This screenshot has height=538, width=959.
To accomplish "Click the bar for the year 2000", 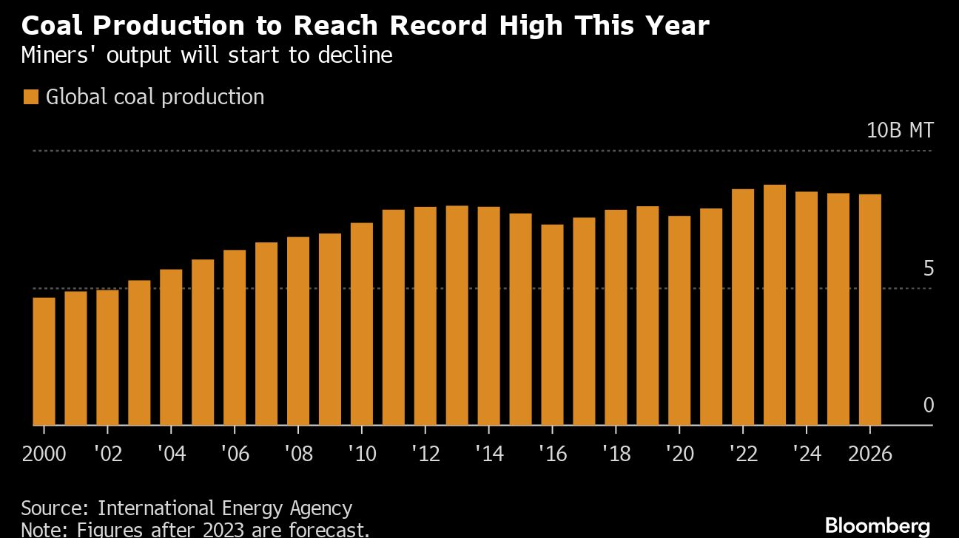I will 44,361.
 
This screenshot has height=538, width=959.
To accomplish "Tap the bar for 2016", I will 552,324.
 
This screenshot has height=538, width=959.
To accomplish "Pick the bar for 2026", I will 870,310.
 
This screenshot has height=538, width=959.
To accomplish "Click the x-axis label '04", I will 172,453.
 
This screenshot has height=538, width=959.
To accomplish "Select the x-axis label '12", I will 425,453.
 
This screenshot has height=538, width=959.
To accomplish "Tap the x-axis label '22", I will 743,453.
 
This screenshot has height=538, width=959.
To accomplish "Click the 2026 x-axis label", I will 870,453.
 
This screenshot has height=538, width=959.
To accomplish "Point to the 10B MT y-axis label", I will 900,131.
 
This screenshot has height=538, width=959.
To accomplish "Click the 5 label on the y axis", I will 928,268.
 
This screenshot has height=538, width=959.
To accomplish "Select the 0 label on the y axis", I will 928,405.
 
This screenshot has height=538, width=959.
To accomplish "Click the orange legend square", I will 30,98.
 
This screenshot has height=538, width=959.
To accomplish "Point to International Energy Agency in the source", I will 225,508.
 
